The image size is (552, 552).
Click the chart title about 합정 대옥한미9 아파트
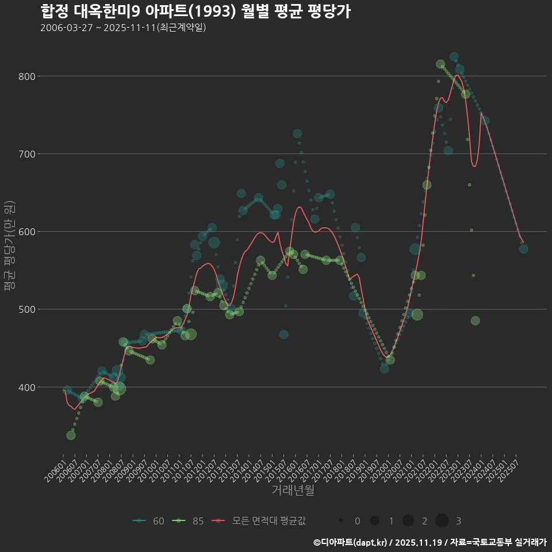pos(195,11)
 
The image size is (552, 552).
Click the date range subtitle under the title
pos(123,28)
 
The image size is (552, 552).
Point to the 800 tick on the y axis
pos(28,76)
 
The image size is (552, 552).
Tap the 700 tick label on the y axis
pos(28,154)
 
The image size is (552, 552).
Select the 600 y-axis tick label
pos(28,232)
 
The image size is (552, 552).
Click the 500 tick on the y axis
pos(28,309)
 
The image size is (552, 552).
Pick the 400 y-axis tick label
pos(28,387)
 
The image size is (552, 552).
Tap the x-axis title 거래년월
pos(293,490)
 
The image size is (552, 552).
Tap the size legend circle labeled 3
pos(442,521)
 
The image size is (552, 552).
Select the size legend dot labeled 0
pos(341,521)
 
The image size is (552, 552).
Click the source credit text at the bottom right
pos(430,542)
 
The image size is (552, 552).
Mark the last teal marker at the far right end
pos(523,249)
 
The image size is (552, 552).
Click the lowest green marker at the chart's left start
pos(71,435)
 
